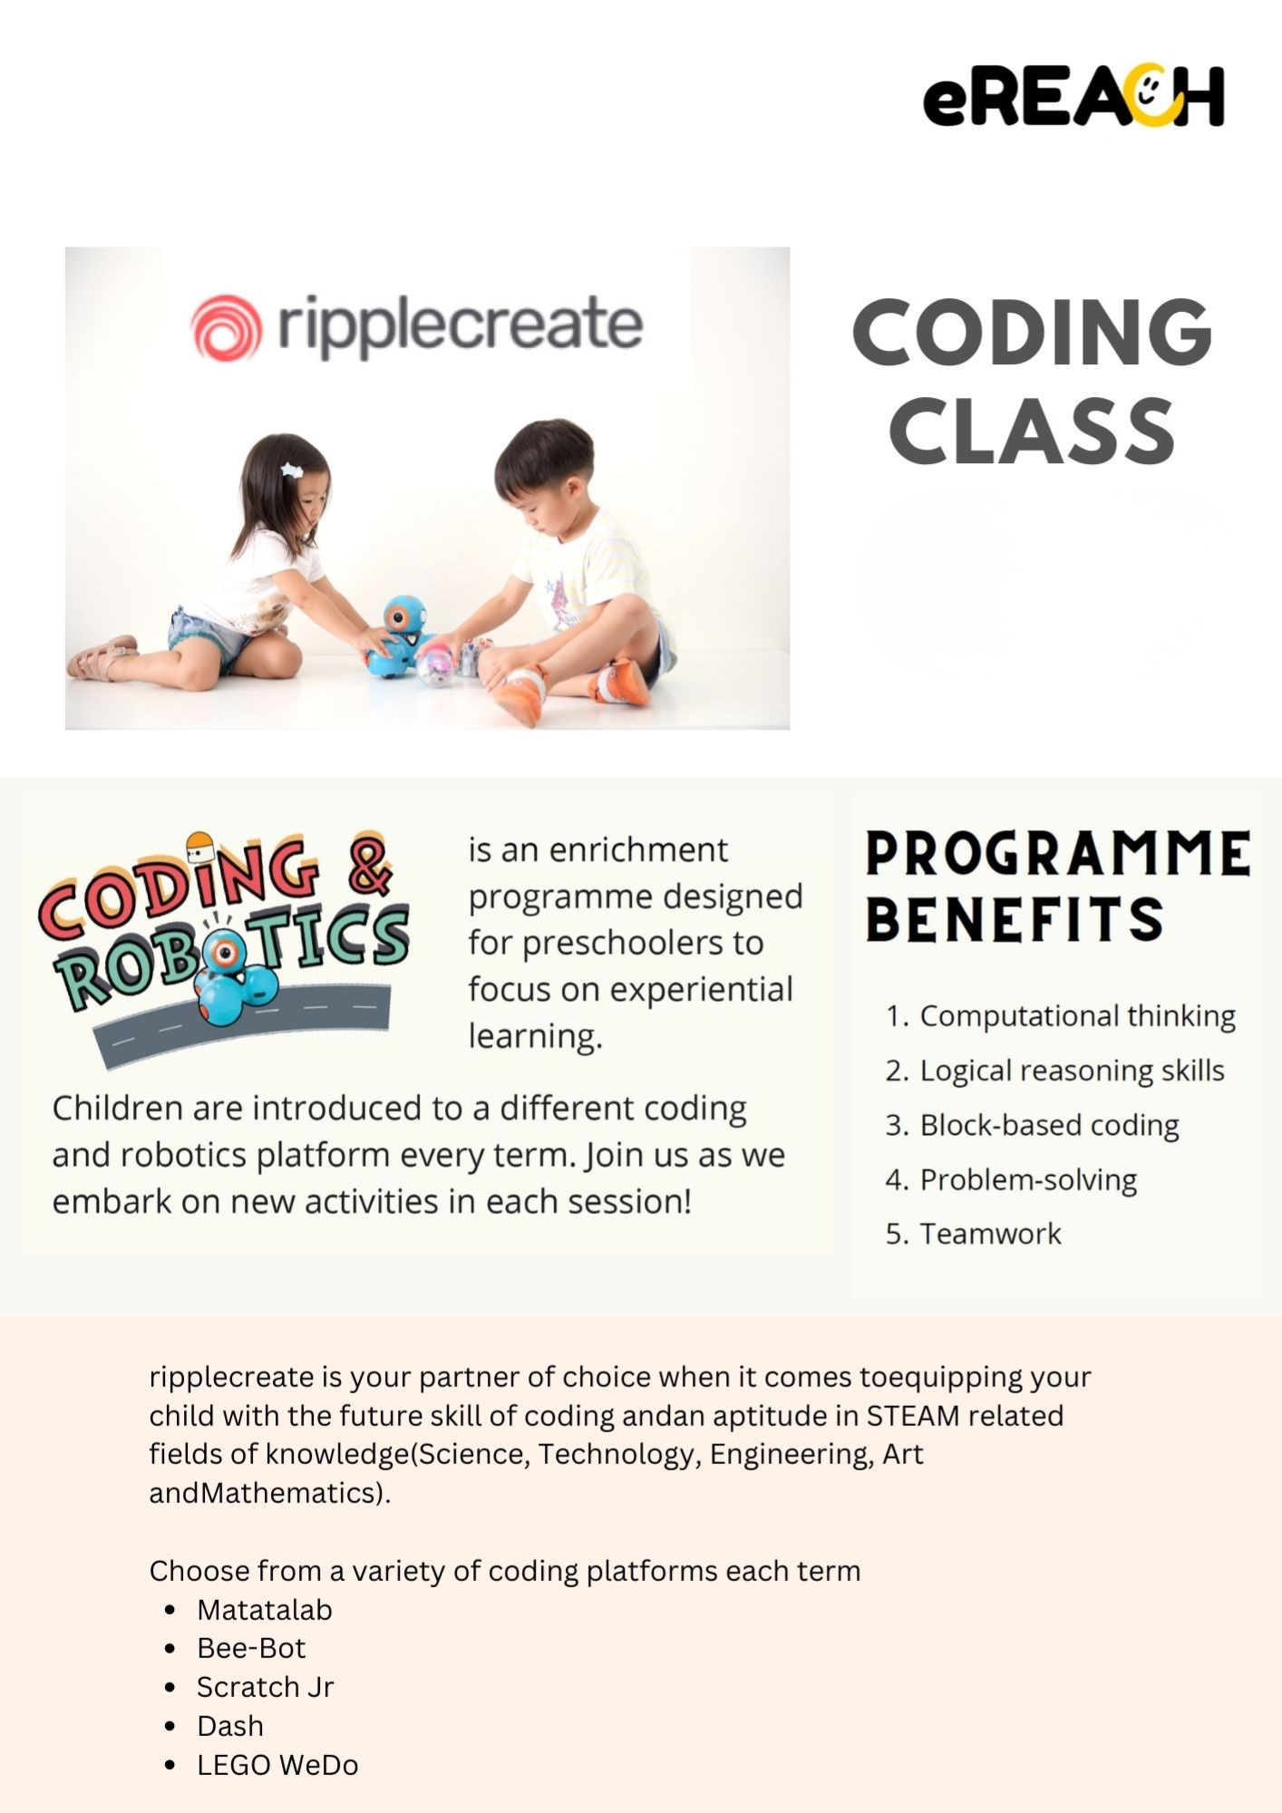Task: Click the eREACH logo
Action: point(1073,95)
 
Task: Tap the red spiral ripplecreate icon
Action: point(226,327)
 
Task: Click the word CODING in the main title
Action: point(1033,332)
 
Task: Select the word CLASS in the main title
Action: point(1032,431)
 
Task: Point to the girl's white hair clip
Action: point(291,470)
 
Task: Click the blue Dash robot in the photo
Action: point(398,635)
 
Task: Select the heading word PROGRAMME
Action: point(1058,854)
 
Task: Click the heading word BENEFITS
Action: point(1015,918)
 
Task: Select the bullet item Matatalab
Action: point(265,1609)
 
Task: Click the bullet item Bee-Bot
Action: point(251,1647)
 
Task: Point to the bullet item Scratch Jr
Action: point(265,1686)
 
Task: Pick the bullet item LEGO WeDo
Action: point(277,1764)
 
